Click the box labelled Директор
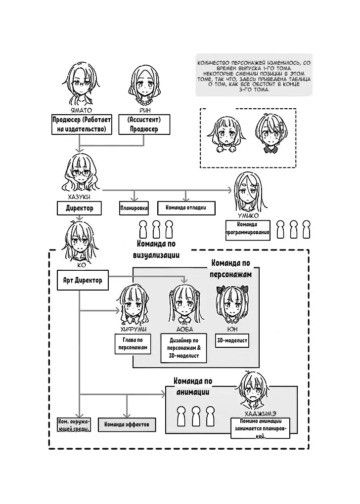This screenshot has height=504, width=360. pos(79,209)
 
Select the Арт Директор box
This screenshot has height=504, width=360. pos(83,280)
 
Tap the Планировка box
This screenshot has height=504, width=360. pos(134,208)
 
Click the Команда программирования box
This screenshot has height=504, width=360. pos(248,228)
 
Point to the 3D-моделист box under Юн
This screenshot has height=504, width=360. pos(231,340)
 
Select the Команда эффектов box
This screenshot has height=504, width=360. pos(127,424)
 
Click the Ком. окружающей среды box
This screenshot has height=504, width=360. pos(74,425)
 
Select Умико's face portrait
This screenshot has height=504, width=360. pos(248,193)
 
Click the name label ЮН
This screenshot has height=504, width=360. pos(231,329)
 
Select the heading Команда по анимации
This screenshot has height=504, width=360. pos(193,386)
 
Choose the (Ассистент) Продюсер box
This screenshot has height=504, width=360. pos(144,125)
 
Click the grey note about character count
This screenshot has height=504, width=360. pos(254,75)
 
